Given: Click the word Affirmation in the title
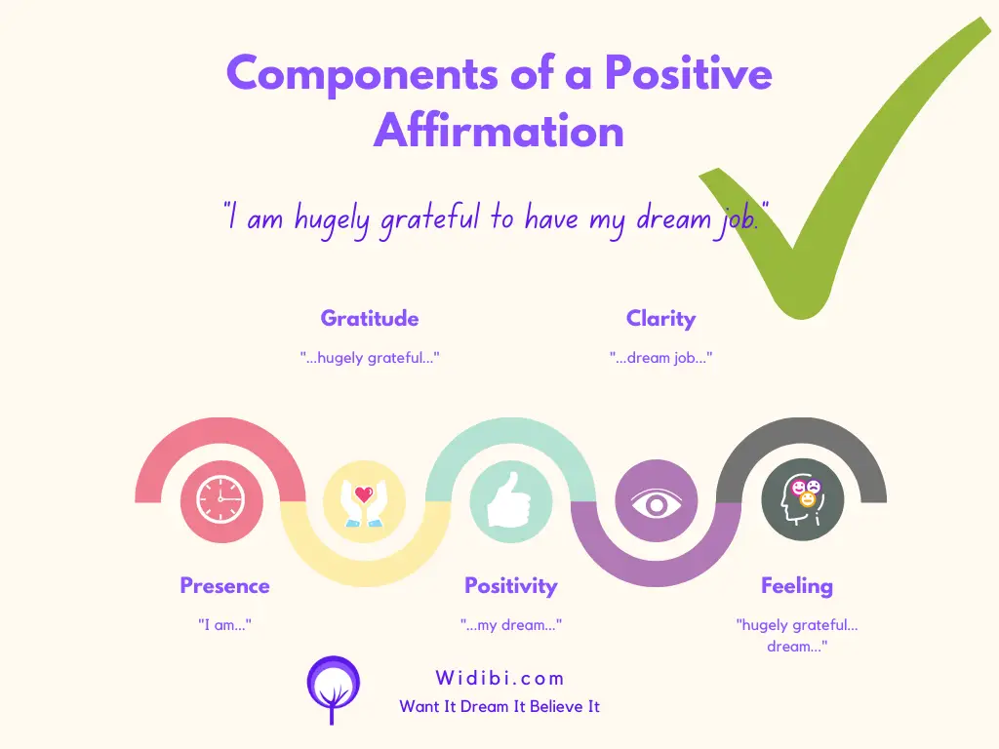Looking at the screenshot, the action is click(x=499, y=132).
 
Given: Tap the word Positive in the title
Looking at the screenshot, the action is click(x=688, y=73).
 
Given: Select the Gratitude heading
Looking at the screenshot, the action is click(x=370, y=318).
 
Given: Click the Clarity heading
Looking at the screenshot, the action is click(x=660, y=319).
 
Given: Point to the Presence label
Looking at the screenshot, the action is click(x=225, y=585).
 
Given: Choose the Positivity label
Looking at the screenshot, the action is click(x=511, y=586).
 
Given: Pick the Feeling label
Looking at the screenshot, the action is click(x=797, y=586).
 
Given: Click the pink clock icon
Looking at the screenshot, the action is click(x=221, y=500).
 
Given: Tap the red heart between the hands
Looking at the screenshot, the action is click(x=364, y=494).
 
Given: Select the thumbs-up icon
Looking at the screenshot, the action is click(x=509, y=500).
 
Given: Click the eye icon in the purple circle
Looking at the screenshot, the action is click(x=657, y=504).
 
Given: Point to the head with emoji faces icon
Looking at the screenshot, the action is click(x=802, y=500).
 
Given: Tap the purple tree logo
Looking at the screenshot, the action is click(x=334, y=690).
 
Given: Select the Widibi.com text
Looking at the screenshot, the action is click(x=500, y=678).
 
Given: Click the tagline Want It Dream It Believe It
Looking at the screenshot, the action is click(x=499, y=706).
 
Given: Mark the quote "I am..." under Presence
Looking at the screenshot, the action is click(x=225, y=625).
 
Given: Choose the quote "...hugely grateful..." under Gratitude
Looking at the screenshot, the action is click(x=370, y=358).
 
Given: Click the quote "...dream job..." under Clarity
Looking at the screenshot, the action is click(x=660, y=358).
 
